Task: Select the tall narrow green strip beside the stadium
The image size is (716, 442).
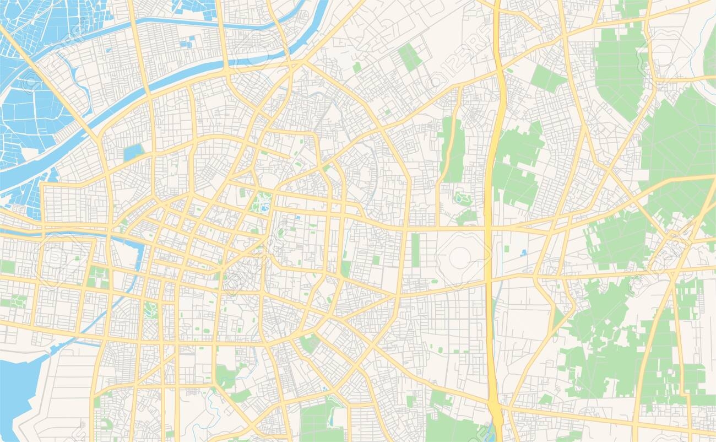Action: [415, 250]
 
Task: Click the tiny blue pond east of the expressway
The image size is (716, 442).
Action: [523, 252]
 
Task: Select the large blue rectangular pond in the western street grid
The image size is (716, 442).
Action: [133, 152]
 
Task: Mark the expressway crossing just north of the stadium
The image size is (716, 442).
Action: [488, 227]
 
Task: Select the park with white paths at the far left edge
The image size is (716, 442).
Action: [17, 301]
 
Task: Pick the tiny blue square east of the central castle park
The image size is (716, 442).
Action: [298, 218]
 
